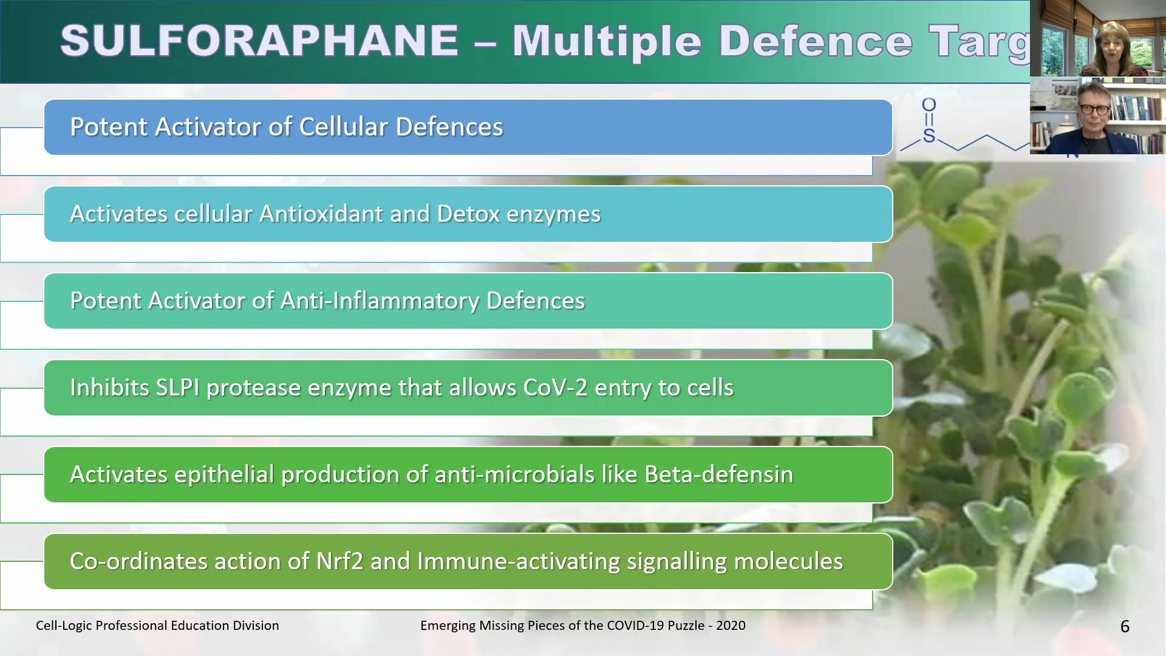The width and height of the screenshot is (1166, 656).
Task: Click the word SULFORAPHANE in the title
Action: (x=259, y=41)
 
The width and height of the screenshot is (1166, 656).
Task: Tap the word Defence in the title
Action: (x=816, y=41)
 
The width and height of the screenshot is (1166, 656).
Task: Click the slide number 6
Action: (x=1125, y=626)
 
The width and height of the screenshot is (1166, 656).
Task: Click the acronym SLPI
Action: (x=177, y=388)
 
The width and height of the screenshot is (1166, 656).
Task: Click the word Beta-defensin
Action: (x=718, y=474)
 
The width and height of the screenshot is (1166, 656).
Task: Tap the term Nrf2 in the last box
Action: (x=339, y=561)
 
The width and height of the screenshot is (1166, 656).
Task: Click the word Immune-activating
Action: (x=519, y=561)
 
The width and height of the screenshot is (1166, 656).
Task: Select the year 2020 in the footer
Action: (x=731, y=626)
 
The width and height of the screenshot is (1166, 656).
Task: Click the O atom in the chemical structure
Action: (x=929, y=105)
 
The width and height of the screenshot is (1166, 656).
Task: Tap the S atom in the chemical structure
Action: (x=929, y=135)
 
